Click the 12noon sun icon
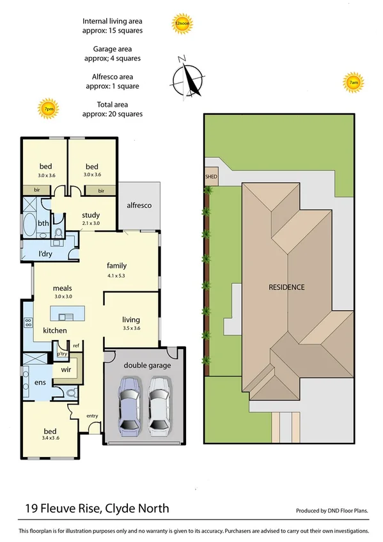tap(182, 24)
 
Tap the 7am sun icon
tap(352, 82)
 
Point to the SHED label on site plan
tap(210, 178)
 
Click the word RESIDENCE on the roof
tap(286, 287)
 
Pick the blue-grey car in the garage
tap(130, 405)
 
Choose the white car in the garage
tap(159, 405)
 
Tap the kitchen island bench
tap(66, 315)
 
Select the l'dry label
tap(45, 254)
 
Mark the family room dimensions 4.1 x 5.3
tap(116, 277)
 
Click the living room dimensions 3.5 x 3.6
tap(131, 328)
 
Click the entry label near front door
tap(93, 416)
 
